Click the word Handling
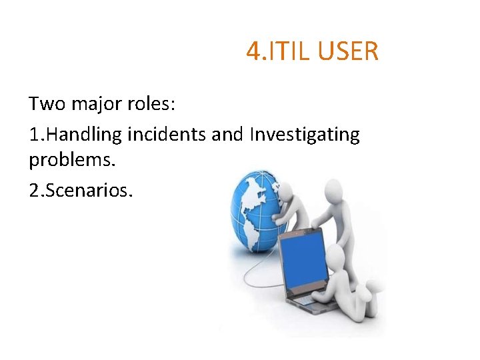85,135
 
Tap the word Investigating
305,135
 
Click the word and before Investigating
227,135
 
